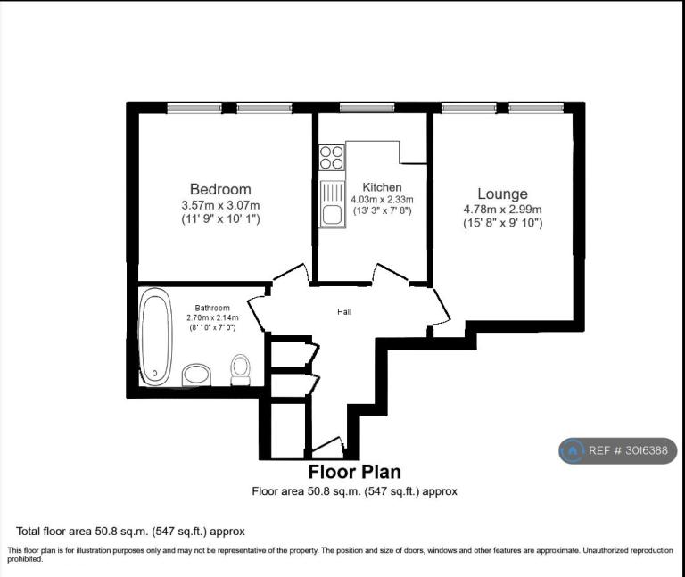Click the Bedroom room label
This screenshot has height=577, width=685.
[220, 189]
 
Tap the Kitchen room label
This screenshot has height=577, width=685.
[383, 187]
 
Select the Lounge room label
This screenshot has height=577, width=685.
[502, 194]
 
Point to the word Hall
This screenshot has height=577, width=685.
[344, 312]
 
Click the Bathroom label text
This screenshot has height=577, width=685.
[212, 308]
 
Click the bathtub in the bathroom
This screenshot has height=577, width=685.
[155, 336]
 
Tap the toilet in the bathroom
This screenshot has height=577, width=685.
[240, 369]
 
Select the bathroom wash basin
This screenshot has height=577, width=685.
[196, 375]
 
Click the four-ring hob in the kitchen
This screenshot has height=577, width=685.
[332, 158]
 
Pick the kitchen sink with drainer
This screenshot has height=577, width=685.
[332, 204]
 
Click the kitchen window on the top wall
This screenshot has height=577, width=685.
[367, 107]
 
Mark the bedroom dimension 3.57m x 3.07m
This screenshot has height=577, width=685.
[220, 205]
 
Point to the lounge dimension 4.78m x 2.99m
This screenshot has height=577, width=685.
[502, 210]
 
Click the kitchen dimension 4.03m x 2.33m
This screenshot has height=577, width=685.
[383, 200]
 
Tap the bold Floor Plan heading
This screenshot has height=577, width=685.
[355, 472]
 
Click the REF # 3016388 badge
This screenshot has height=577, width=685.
[618, 450]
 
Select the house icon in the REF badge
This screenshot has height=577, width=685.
[573, 450]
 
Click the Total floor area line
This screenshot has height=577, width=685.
[130, 532]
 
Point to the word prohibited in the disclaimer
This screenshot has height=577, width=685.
[25, 559]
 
